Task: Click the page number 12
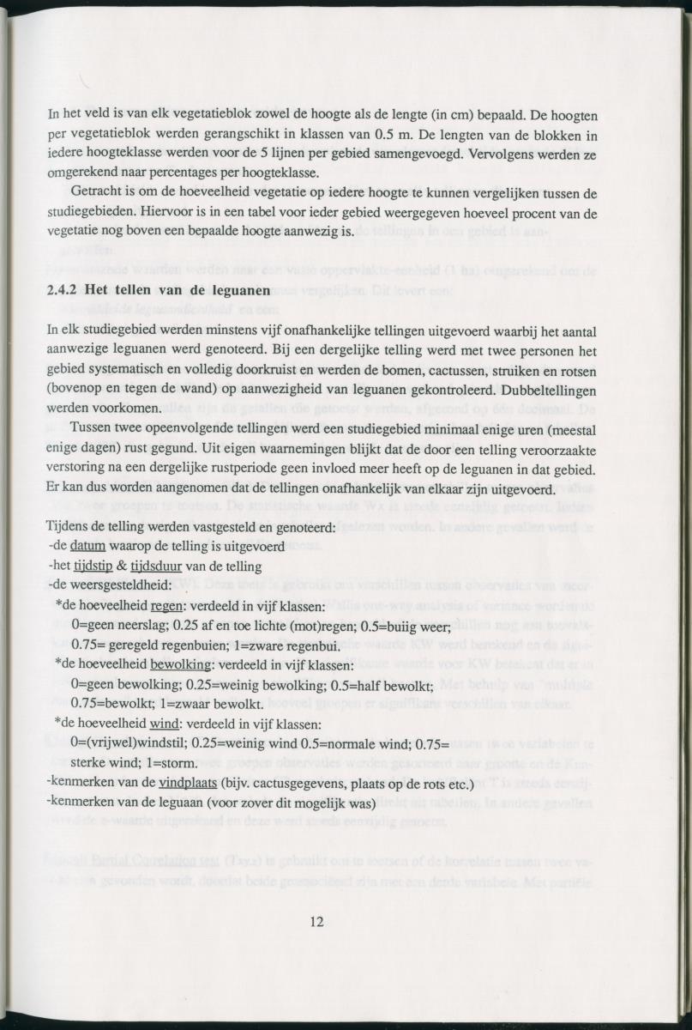[x=316, y=923]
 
